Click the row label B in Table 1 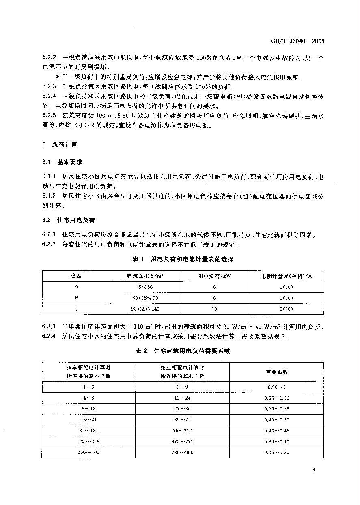click(76, 298)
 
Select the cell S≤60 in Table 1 click(145, 287)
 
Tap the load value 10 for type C click(214, 309)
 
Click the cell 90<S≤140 click(145, 309)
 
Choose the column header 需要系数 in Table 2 click(277, 372)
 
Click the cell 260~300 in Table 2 click(88, 452)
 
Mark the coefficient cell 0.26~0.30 click(277, 452)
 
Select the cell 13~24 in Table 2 click(88, 419)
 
